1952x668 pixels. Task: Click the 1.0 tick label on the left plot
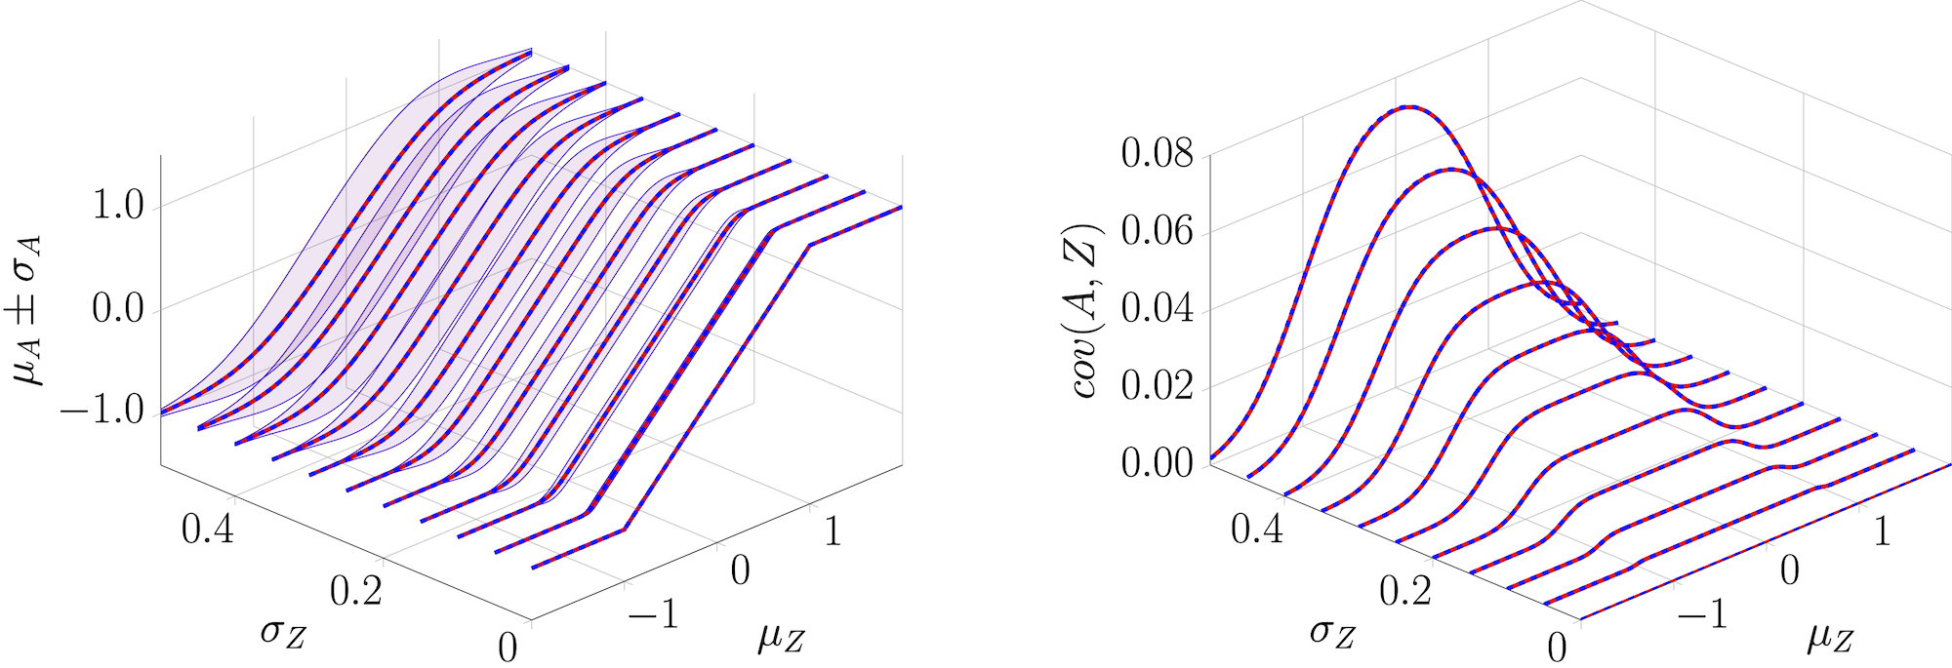click(x=116, y=206)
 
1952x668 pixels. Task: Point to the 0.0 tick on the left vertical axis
click(x=116, y=309)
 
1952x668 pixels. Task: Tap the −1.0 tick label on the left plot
click(x=102, y=411)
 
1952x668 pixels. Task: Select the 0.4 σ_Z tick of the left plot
click(x=208, y=530)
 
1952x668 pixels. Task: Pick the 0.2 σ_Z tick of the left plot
click(x=356, y=590)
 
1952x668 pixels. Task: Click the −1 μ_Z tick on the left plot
click(x=653, y=614)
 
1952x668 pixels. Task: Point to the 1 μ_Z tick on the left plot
click(x=832, y=531)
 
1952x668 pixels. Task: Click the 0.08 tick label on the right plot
click(x=1157, y=153)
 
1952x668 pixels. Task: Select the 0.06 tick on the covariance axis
click(x=1157, y=230)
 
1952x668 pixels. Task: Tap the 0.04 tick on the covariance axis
click(x=1157, y=307)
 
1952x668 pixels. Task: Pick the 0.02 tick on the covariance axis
click(x=1157, y=385)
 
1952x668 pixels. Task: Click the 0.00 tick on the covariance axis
click(x=1157, y=462)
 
